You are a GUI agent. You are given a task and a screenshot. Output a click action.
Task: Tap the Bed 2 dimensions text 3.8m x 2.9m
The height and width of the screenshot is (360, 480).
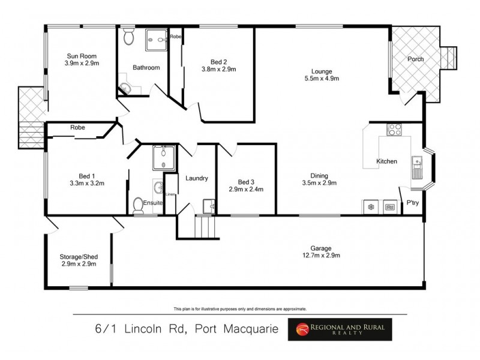coord(219,69)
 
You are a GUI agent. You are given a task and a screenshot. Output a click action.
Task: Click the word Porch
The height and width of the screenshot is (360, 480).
coord(415,59)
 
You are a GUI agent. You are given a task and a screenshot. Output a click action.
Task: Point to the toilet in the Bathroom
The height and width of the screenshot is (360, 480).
coord(128,38)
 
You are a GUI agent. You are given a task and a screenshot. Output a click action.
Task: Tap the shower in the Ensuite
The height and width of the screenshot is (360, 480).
coord(162,158)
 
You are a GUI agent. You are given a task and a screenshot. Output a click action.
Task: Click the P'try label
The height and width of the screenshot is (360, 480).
coord(412,203)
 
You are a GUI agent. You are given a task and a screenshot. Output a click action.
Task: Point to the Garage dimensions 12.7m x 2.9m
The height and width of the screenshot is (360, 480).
coord(326,256)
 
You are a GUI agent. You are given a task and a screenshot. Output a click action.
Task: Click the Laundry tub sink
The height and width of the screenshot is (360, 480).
coord(209,206)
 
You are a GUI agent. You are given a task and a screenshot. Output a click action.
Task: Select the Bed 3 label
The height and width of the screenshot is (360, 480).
coord(246,182)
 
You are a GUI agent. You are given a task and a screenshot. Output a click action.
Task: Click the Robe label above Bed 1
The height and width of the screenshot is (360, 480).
coord(77,127)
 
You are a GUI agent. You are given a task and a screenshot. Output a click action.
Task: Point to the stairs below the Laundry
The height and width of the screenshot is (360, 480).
coord(204,227)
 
